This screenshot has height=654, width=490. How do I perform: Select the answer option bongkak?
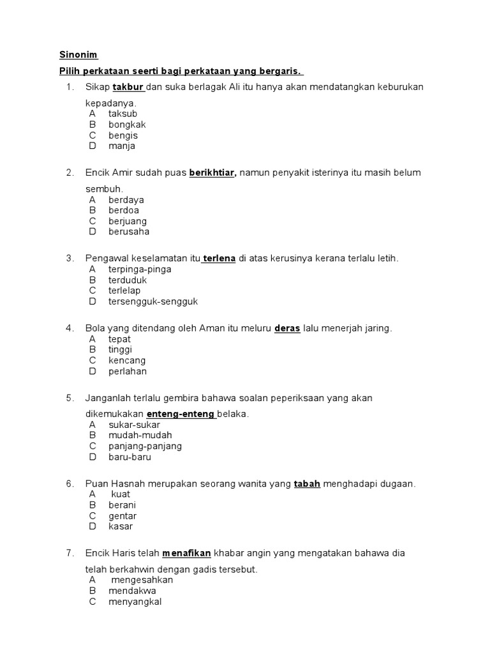[x=127, y=125]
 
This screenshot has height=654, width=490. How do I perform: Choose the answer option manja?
[x=122, y=146]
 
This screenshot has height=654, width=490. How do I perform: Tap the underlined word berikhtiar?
[x=212, y=173]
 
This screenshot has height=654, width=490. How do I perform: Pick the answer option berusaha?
[x=129, y=232]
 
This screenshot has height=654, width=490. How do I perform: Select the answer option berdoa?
[x=124, y=210]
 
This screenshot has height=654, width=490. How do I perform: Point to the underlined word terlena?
[x=219, y=259]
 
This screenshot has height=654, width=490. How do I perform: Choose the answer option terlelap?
[x=124, y=291]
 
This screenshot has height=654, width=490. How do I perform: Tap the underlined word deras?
[x=287, y=329]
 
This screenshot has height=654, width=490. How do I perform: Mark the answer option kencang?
[x=127, y=361]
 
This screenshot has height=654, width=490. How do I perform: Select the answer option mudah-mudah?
[x=140, y=436]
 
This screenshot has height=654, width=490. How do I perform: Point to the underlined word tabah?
[x=307, y=484]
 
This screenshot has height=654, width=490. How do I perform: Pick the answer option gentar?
[x=122, y=516]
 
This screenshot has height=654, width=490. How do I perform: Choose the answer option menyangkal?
[x=135, y=602]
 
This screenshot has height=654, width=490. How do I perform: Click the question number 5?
[x=70, y=398]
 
